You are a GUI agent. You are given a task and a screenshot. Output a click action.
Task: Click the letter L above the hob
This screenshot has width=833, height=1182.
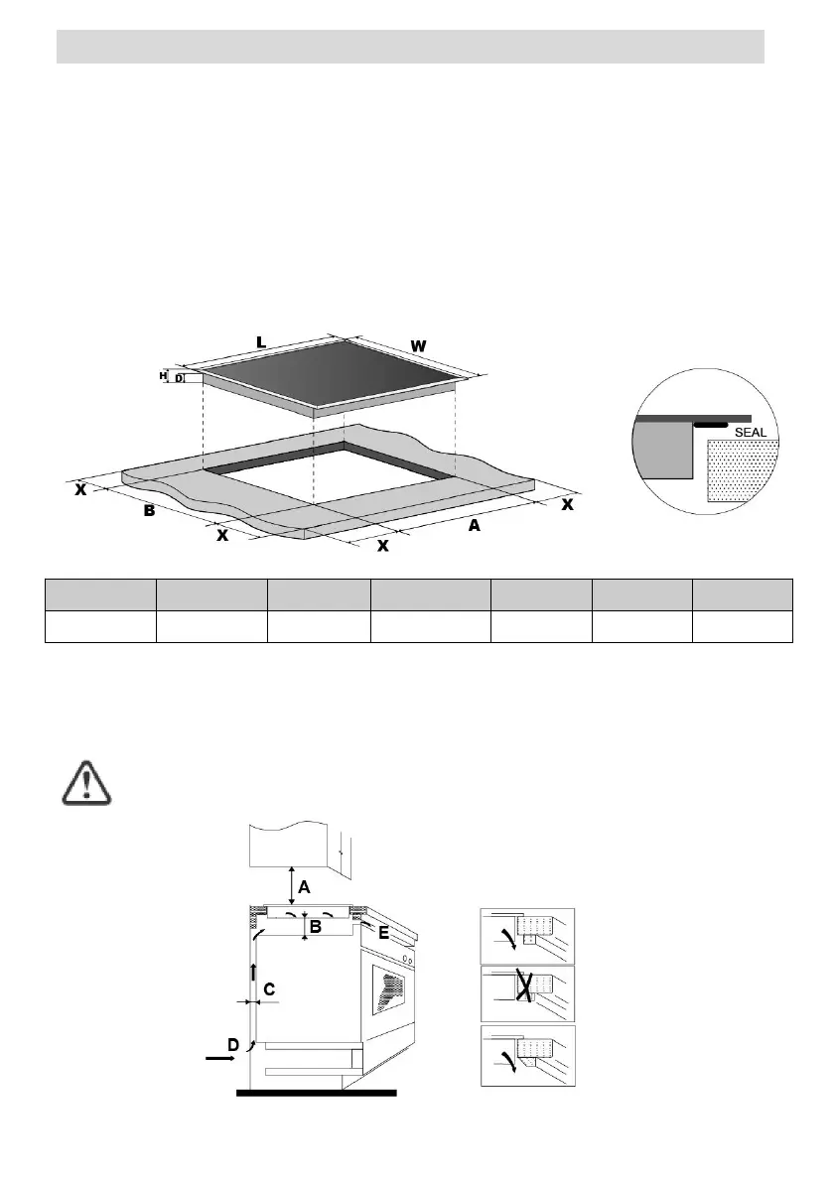(x=261, y=342)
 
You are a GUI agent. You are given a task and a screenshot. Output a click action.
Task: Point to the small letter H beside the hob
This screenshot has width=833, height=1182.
(x=162, y=376)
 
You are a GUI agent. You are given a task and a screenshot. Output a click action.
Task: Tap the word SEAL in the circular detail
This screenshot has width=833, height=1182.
(x=751, y=433)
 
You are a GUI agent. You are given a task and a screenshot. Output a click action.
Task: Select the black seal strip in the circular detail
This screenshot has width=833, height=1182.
(x=711, y=424)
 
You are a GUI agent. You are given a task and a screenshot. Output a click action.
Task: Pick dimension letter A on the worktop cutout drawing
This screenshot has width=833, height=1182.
(x=474, y=526)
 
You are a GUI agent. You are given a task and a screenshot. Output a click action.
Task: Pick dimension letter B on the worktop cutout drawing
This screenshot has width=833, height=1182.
(x=149, y=511)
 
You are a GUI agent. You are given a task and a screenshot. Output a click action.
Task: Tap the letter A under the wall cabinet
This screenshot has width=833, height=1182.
(x=305, y=885)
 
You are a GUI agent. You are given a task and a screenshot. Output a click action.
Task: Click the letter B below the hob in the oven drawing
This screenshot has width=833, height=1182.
(x=315, y=927)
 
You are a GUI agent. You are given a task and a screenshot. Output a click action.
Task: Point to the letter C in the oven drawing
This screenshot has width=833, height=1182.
(x=269, y=988)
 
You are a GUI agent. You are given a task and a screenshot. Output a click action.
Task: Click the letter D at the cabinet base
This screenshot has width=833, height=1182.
(x=232, y=1044)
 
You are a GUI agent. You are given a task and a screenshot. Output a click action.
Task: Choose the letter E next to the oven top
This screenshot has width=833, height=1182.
(x=383, y=932)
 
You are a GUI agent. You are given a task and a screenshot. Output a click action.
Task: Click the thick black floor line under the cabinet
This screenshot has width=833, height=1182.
(x=316, y=1093)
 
